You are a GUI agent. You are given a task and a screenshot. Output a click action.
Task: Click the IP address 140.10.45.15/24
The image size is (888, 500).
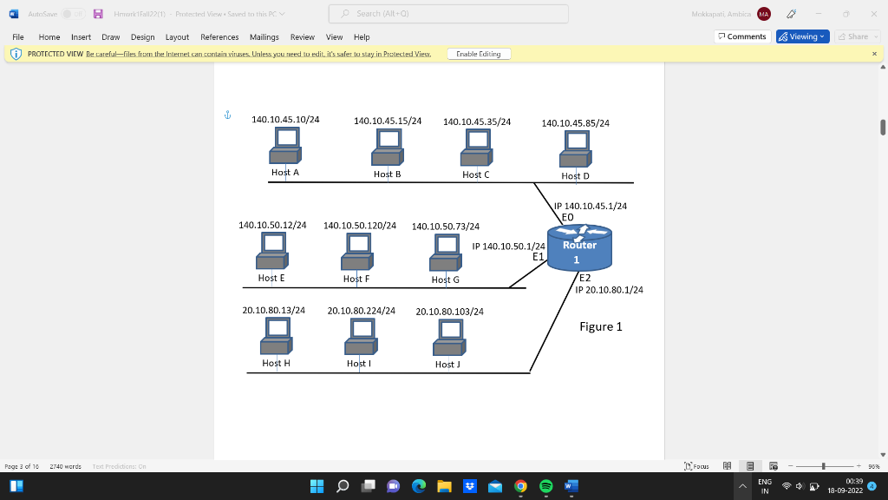pyautogui.click(x=388, y=121)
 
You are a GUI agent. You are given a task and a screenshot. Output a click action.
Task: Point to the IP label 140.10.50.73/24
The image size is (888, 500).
pyautogui.click(x=446, y=227)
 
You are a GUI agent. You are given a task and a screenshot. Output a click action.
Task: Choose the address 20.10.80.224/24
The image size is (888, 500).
pyautogui.click(x=362, y=311)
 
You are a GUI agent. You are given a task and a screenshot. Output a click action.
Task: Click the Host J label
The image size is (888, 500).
pyautogui.click(x=447, y=365)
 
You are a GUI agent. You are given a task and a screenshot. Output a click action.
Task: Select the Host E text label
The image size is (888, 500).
pyautogui.click(x=271, y=278)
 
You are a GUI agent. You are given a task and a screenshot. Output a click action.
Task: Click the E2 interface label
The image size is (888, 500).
pyautogui.click(x=584, y=279)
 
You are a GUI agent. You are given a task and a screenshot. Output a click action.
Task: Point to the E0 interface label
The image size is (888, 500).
pyautogui.click(x=568, y=217)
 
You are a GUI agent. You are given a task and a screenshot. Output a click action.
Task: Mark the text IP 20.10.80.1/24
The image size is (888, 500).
pyautogui.click(x=609, y=290)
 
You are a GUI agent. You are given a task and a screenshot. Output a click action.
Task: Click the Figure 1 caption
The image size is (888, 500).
pyautogui.click(x=601, y=327)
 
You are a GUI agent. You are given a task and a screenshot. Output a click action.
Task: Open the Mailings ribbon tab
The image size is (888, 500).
pyautogui.click(x=264, y=37)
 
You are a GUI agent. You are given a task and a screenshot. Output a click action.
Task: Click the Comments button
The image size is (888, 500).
pyautogui.click(x=742, y=36)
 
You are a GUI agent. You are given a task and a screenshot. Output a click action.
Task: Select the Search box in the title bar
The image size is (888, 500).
pyautogui.click(x=448, y=14)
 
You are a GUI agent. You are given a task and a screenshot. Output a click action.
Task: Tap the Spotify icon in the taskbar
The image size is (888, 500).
pyautogui.click(x=546, y=486)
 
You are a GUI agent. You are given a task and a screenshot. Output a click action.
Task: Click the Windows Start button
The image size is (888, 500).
pyautogui.click(x=317, y=486)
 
